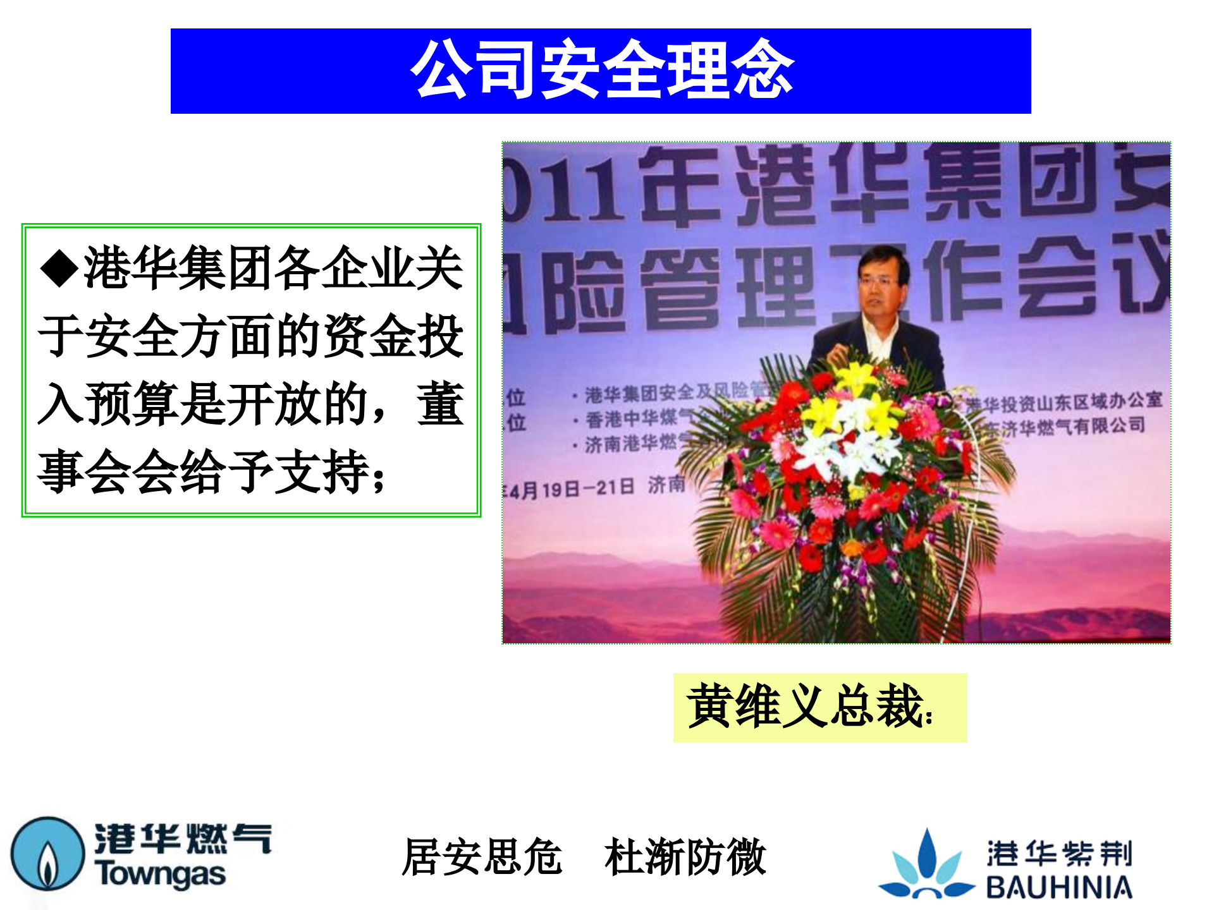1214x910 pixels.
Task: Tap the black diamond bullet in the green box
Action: pos(59,268)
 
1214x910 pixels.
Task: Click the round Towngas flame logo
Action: pos(47,854)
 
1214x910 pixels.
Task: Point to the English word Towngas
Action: pos(160,874)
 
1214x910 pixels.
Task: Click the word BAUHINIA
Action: pos(1059,887)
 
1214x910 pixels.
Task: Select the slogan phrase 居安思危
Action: pos(482,857)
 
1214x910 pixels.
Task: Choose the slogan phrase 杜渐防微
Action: pos(685,857)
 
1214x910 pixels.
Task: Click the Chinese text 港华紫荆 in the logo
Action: pos(1059,853)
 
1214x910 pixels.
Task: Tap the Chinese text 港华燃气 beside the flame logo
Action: pos(183,839)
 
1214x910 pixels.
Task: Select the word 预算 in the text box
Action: pos(133,403)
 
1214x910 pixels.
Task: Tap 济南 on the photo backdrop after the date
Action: pos(666,485)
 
